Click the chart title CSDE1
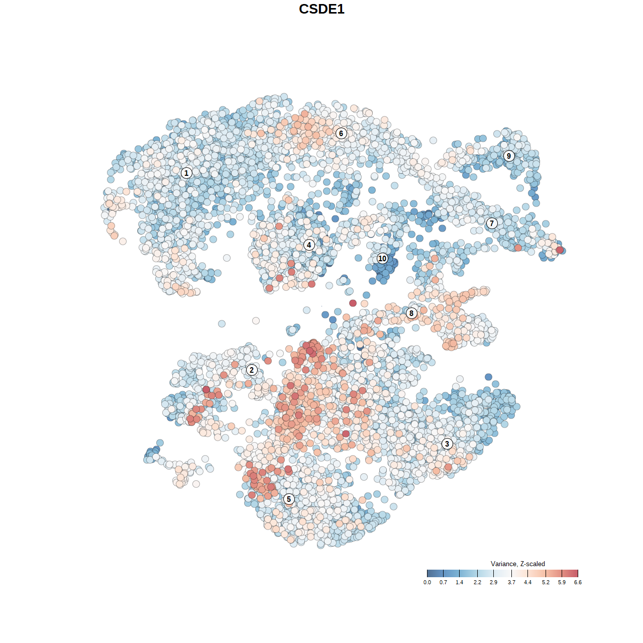tap(321, 9)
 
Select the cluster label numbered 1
tap(186, 173)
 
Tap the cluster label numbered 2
tap(252, 370)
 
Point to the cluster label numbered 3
tap(447, 444)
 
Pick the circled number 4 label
tap(309, 245)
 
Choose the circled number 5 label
tap(288, 499)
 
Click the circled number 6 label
tap(341, 133)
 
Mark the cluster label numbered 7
tap(492, 224)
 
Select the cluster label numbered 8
tap(411, 313)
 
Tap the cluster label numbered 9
tap(509, 156)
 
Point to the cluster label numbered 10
tap(382, 258)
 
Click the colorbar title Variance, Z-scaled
tap(517, 564)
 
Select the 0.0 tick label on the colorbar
tap(427, 582)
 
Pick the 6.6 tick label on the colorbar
tap(578, 582)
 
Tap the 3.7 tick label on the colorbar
tap(511, 582)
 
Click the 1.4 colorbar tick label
tap(459, 582)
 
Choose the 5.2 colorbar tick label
tap(546, 582)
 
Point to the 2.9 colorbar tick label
tap(493, 582)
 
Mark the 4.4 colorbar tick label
tap(527, 582)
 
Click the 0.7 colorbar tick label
tap(443, 582)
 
